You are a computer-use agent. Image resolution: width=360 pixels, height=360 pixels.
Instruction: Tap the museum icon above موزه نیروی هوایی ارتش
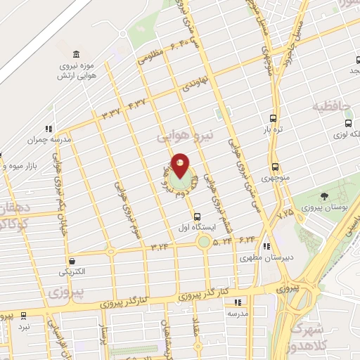(x=76, y=54)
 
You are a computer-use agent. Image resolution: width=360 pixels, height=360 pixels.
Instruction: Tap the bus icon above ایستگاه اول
(x=197, y=217)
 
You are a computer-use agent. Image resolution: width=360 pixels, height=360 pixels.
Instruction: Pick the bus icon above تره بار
(x=274, y=119)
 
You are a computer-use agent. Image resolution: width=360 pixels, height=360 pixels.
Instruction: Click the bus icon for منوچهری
(x=274, y=167)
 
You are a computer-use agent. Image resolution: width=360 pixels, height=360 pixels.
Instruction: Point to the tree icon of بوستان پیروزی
(x=323, y=197)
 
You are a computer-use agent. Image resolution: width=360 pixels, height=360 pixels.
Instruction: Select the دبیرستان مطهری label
(x=266, y=258)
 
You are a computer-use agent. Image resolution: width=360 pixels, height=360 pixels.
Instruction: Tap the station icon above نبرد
(x=24, y=316)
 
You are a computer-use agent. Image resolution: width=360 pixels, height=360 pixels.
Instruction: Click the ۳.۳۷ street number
(x=112, y=112)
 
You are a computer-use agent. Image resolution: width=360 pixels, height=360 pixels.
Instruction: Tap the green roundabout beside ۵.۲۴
(x=204, y=243)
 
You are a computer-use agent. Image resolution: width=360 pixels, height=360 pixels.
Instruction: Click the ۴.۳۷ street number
(x=137, y=103)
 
